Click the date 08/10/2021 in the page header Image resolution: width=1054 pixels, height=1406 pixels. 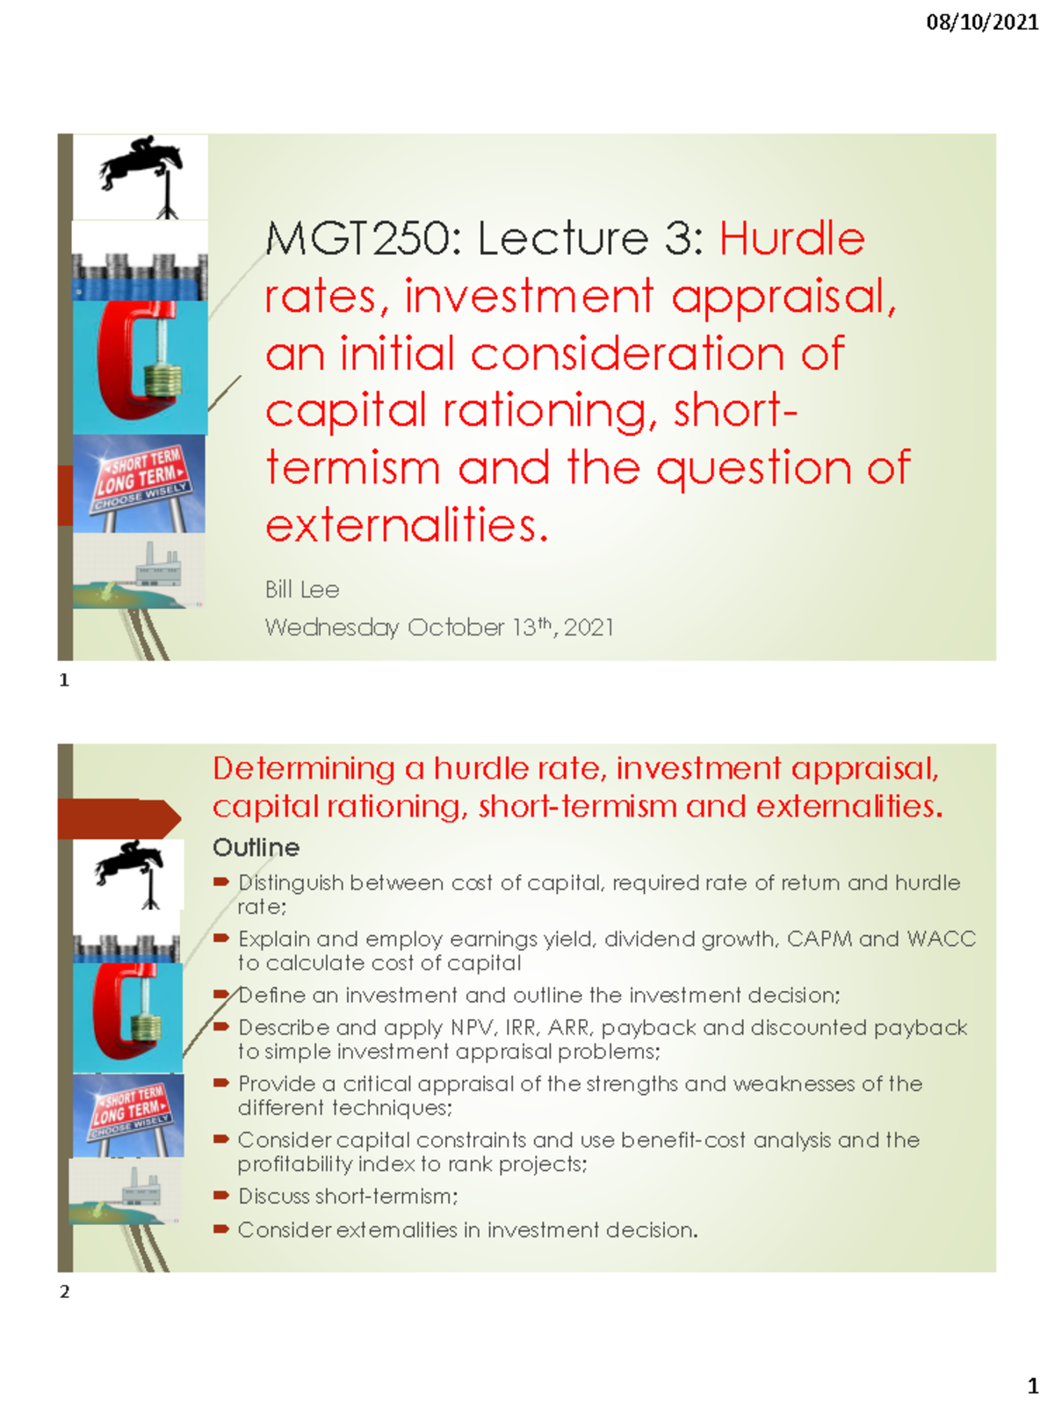click(x=982, y=22)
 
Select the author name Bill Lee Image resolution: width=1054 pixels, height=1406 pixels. click(x=301, y=590)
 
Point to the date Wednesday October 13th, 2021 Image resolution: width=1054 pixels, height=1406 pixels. click(x=439, y=627)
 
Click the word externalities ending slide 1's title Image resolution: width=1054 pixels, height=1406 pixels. click(x=406, y=526)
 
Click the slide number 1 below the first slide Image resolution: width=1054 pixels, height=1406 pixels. click(x=64, y=680)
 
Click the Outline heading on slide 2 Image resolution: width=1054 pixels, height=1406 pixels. click(x=256, y=848)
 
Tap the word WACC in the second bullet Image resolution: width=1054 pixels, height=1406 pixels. click(x=942, y=939)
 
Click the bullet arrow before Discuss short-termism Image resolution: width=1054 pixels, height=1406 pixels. click(x=221, y=1196)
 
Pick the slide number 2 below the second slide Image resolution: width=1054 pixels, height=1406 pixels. click(x=64, y=1292)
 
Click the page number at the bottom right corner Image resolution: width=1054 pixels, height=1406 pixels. click(x=1033, y=1387)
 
